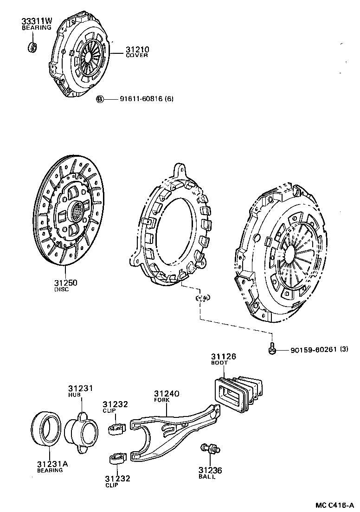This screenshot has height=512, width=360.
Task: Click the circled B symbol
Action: (x=99, y=99)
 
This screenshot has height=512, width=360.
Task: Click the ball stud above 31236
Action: (x=210, y=448)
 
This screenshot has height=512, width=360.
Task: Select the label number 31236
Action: (x=210, y=470)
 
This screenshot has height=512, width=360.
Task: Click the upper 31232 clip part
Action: (x=117, y=427)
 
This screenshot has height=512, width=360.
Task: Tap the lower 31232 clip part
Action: (x=117, y=459)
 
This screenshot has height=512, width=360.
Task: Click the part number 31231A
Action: (x=52, y=464)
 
